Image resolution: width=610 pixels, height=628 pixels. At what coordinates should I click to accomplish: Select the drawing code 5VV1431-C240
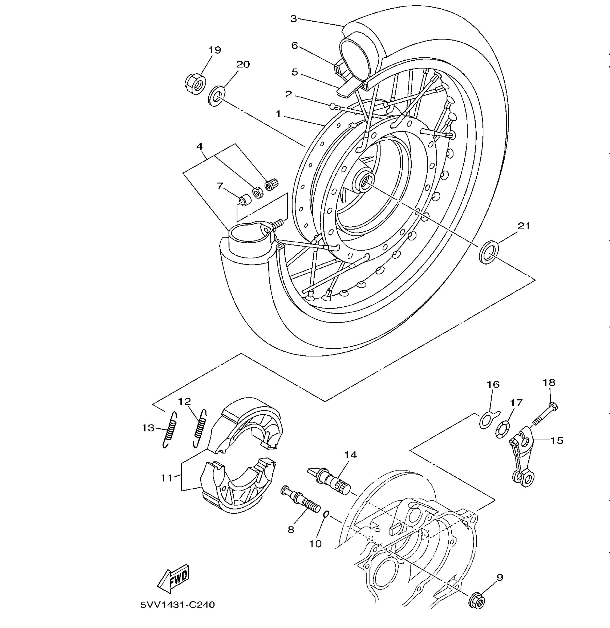[178, 605]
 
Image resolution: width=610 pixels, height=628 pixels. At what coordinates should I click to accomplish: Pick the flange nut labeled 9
[476, 599]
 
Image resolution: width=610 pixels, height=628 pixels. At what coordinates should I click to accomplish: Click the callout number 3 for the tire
[294, 19]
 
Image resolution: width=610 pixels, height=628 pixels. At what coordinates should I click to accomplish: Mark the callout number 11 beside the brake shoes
[166, 478]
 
